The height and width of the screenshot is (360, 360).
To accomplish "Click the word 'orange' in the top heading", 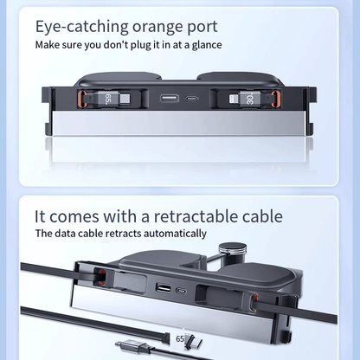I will point(164,26).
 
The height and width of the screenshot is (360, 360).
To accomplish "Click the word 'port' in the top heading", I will point(219,26).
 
